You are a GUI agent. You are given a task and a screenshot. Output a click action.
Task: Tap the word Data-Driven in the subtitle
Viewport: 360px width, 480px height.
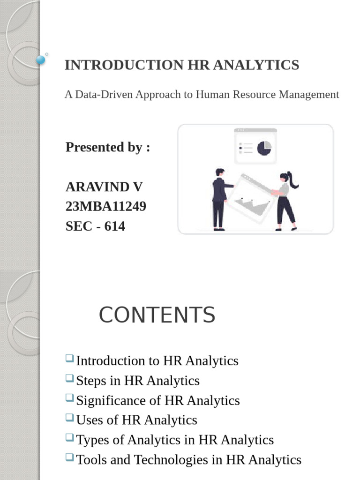[104, 94]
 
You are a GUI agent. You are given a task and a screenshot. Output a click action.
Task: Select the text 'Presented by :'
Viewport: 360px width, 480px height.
[108, 147]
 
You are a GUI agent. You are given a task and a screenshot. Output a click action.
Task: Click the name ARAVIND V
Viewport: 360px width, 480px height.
[104, 187]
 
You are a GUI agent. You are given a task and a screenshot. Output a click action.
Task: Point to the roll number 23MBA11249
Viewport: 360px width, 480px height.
[106, 206]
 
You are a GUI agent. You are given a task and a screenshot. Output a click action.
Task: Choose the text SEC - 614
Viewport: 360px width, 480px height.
[95, 226]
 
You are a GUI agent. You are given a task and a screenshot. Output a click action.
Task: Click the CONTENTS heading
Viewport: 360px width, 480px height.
[157, 315]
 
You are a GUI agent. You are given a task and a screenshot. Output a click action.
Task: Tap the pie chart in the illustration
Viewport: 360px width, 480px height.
[264, 148]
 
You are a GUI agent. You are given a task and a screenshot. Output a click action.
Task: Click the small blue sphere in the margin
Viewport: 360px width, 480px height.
[41, 60]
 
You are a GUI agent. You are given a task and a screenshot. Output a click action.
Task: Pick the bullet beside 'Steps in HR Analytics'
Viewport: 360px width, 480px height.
[70, 379]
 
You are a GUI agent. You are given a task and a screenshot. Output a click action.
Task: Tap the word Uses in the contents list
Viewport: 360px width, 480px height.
[88, 420]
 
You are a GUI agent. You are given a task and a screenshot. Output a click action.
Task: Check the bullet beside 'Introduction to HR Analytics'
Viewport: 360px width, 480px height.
[70, 359]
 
